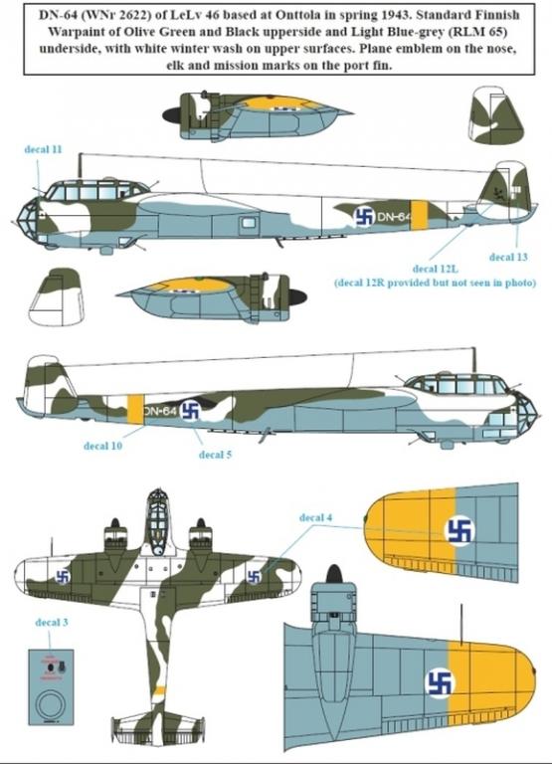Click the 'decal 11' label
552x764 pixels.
[44, 149]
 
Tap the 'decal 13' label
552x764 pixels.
[508, 257]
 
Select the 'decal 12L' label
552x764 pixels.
[435, 269]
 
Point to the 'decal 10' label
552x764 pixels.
[102, 446]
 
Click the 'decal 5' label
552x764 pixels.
[215, 455]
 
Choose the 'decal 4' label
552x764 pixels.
[315, 517]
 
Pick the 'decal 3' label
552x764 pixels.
[51, 622]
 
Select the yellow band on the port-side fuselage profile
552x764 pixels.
[420, 215]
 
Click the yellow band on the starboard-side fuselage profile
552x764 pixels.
[135, 410]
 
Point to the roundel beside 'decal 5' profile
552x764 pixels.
[190, 411]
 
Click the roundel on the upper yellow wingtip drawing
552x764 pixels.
[460, 530]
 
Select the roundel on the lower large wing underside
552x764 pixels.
[439, 681]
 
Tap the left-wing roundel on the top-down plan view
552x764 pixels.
[63, 577]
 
